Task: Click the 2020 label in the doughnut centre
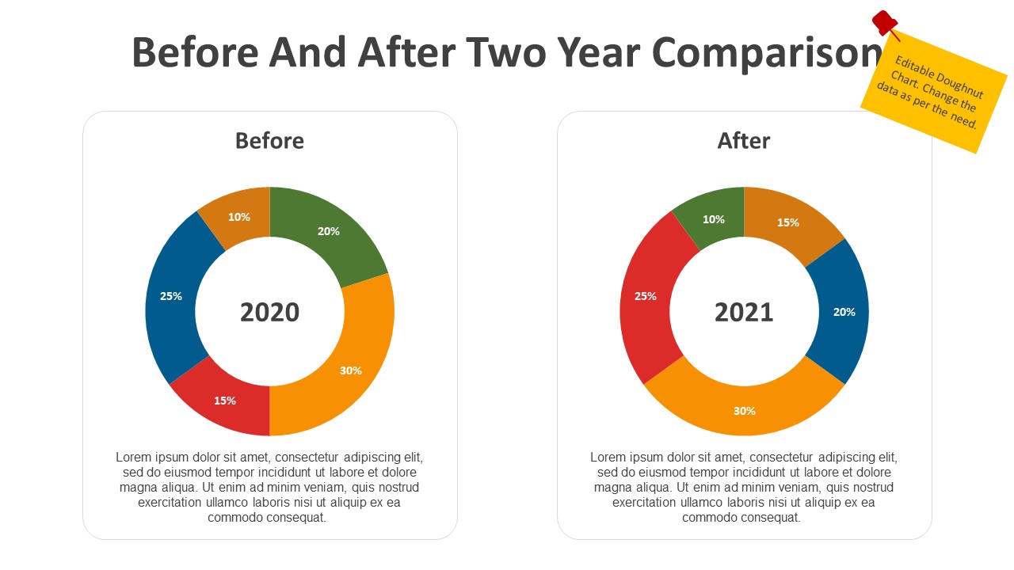pos(269,312)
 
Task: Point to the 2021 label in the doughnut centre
pos(744,312)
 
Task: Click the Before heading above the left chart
pos(269,141)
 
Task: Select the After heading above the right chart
pos(744,141)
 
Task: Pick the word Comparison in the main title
pos(766,53)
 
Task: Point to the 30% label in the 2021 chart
pos(745,411)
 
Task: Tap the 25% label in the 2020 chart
pos(171,296)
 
